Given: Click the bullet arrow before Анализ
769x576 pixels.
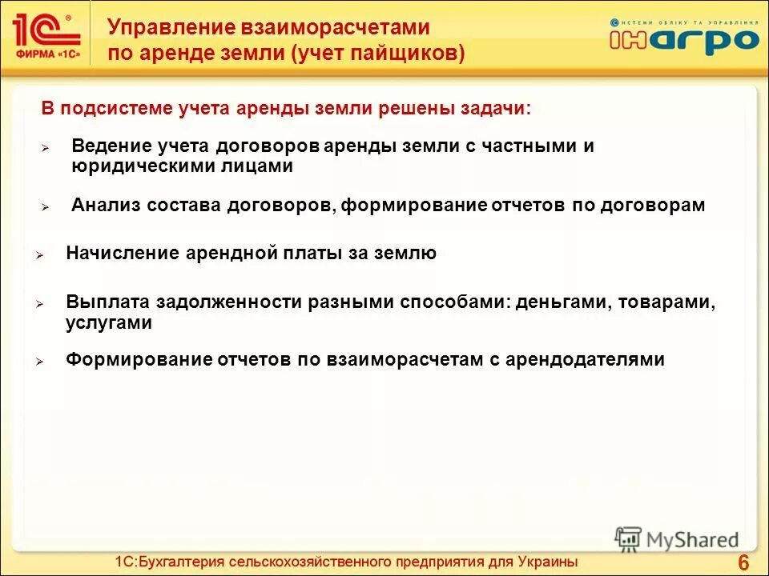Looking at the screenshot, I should point(46,206).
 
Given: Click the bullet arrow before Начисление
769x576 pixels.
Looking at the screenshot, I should point(38,255).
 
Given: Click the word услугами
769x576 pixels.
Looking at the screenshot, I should point(109,322).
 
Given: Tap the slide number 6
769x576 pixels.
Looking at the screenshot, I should point(743,561).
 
